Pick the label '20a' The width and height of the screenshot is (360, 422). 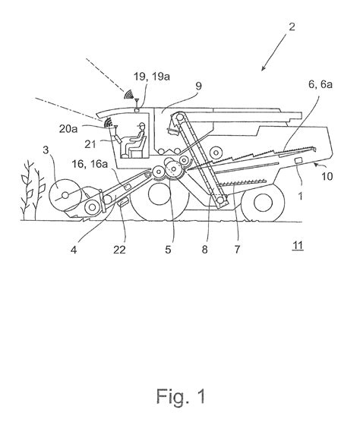click(x=85, y=130)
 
